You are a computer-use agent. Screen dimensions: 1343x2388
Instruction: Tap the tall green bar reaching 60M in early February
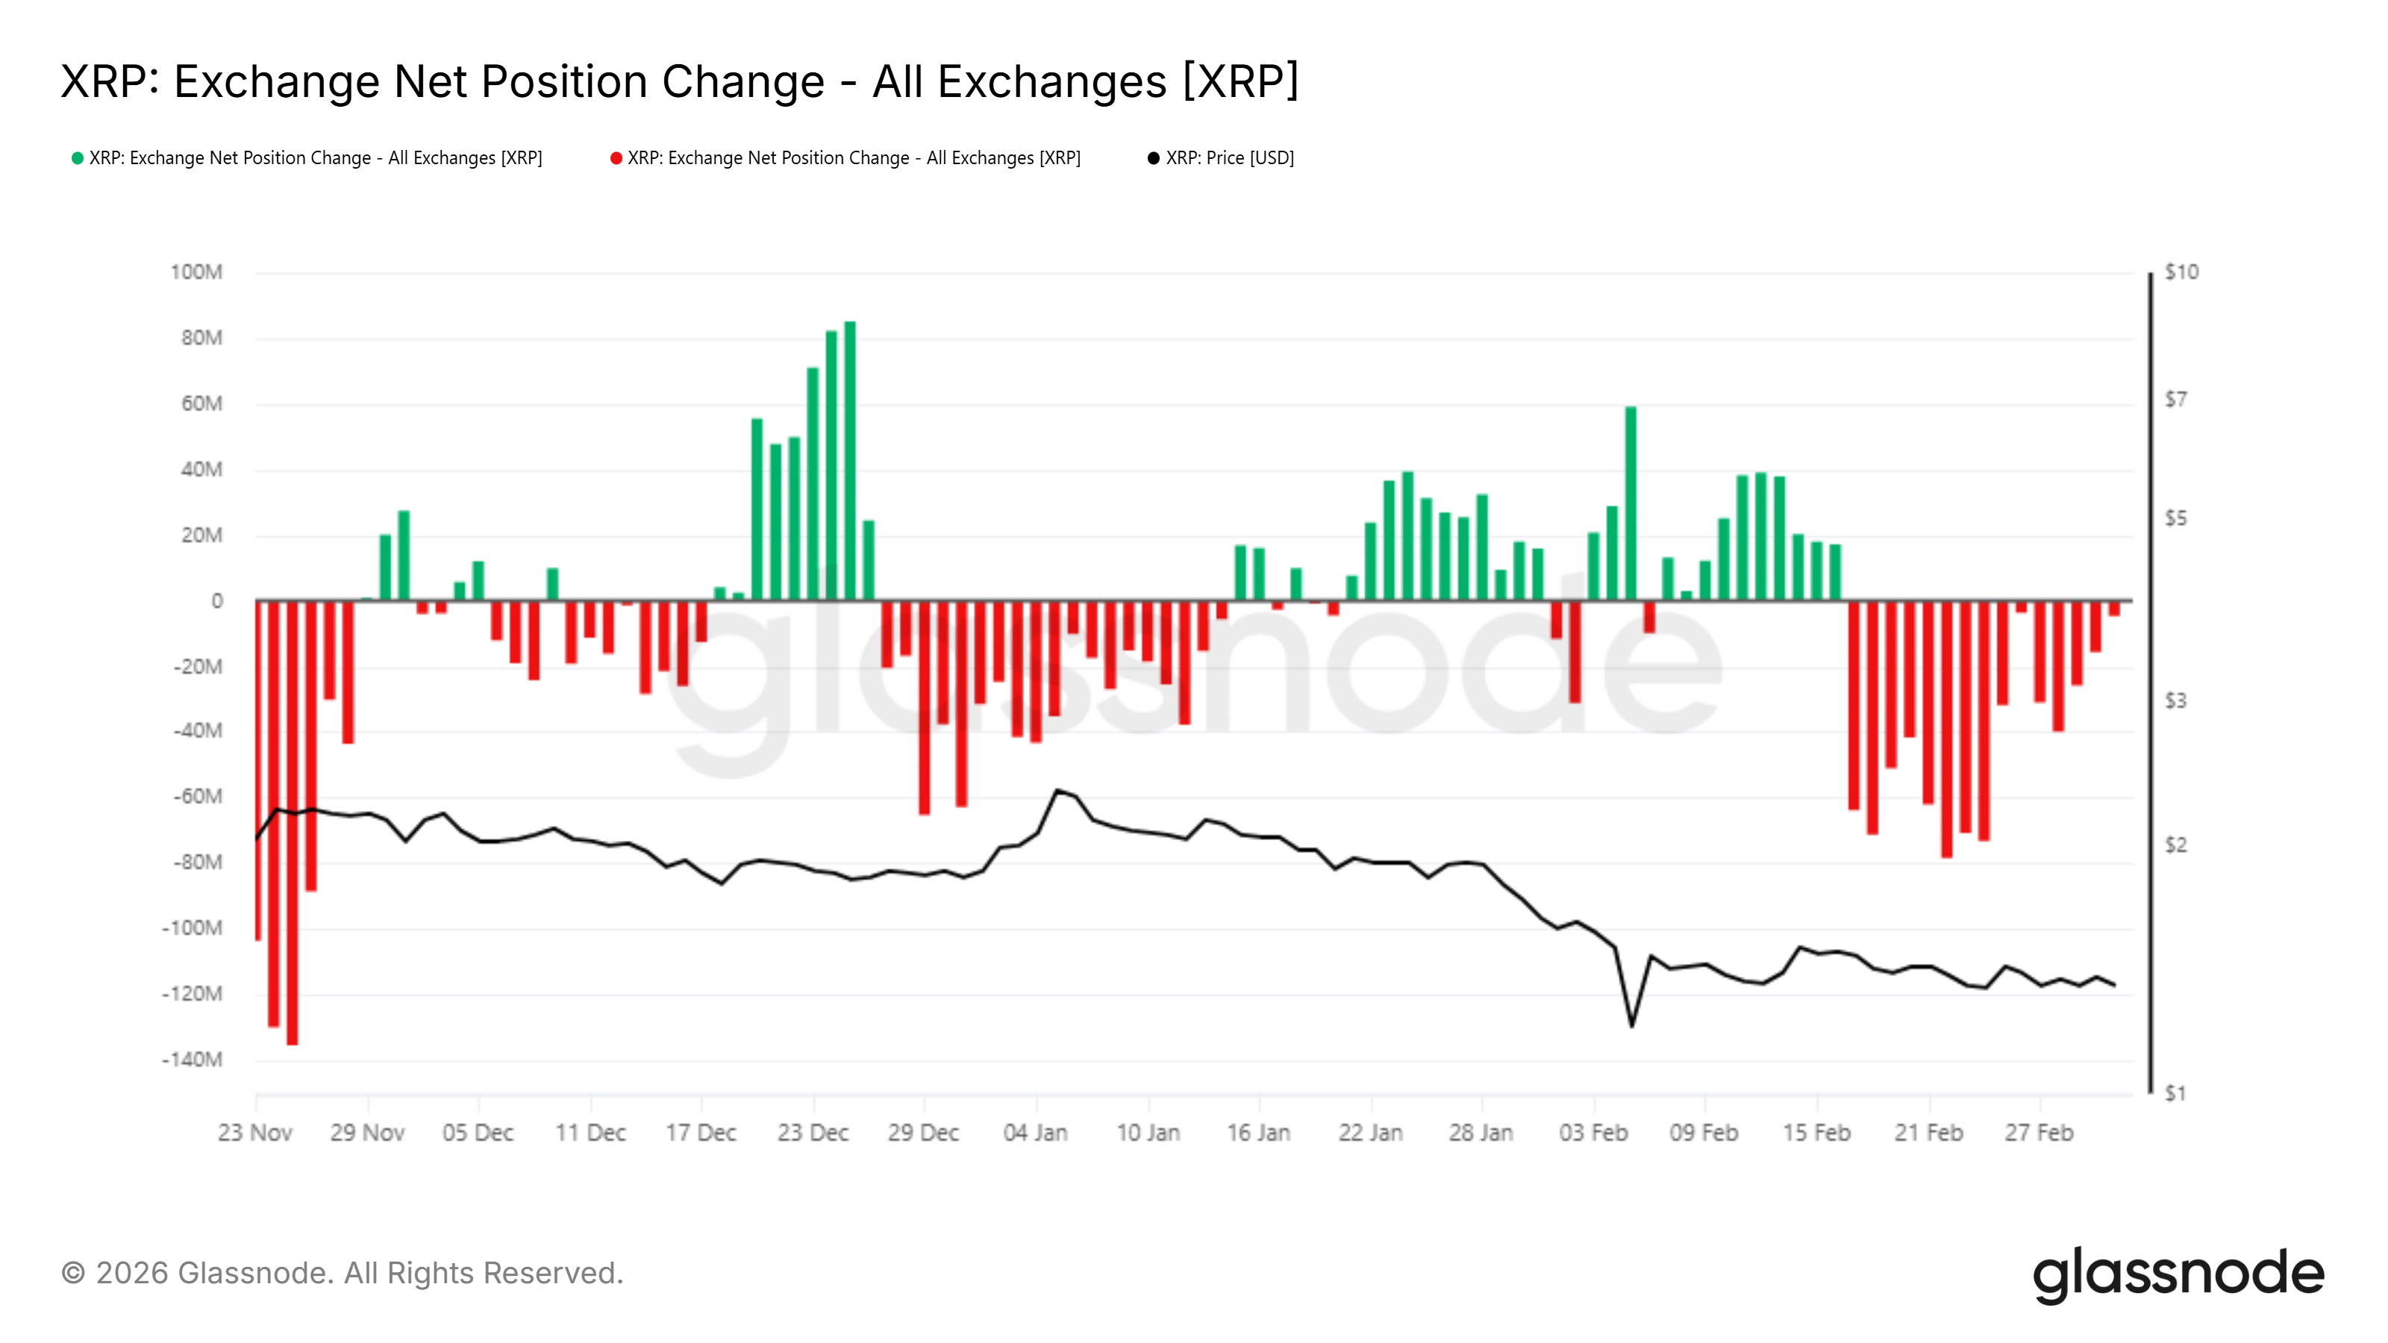[x=1631, y=504]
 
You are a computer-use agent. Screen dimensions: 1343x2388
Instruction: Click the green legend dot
[x=78, y=158]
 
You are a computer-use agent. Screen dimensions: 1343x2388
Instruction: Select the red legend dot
[x=616, y=158]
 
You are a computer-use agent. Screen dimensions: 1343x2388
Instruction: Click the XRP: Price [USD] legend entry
[x=1228, y=158]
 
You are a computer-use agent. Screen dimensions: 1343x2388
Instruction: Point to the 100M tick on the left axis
[x=196, y=272]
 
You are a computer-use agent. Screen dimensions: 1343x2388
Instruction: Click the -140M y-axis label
[x=193, y=1059]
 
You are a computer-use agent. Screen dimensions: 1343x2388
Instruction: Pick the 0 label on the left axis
[x=217, y=601]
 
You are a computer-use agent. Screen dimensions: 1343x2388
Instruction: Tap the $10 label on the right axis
[x=2181, y=272]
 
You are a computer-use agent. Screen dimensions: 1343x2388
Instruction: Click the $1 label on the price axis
[x=2175, y=1094]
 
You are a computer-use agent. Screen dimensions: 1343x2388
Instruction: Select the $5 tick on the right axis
[x=2175, y=518]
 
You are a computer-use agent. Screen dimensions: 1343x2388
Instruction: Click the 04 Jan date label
[x=1036, y=1133]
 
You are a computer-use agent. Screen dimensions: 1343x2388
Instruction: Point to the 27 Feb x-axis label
[x=2039, y=1133]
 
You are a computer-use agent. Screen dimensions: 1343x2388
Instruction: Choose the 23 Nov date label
[x=255, y=1133]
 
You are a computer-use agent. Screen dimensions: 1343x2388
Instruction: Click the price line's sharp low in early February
[x=1631, y=1025]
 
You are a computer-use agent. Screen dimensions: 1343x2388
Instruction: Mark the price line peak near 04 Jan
[x=1056, y=791]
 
